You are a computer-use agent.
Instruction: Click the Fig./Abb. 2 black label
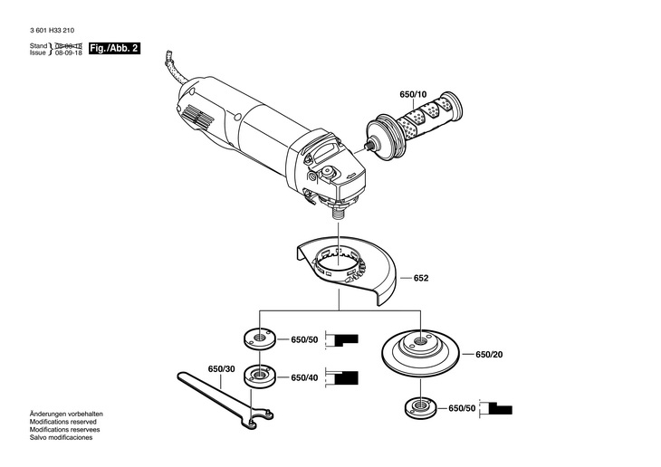[114, 49]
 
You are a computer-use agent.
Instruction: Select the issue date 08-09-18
[69, 53]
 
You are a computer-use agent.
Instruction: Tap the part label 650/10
[413, 94]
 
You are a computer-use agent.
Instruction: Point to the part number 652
[421, 278]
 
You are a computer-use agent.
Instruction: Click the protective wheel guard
[347, 270]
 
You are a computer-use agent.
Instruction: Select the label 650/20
[489, 355]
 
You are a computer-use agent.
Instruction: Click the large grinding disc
[420, 353]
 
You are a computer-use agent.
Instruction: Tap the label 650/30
[221, 369]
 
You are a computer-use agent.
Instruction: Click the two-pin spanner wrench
[225, 400]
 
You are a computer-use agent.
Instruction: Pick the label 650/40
[304, 377]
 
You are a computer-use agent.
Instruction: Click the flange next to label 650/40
[260, 375]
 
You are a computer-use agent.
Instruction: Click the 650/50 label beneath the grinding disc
[462, 408]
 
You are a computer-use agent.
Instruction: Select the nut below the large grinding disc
[420, 407]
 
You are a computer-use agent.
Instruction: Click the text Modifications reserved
[62, 422]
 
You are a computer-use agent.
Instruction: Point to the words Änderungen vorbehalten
[66, 414]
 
